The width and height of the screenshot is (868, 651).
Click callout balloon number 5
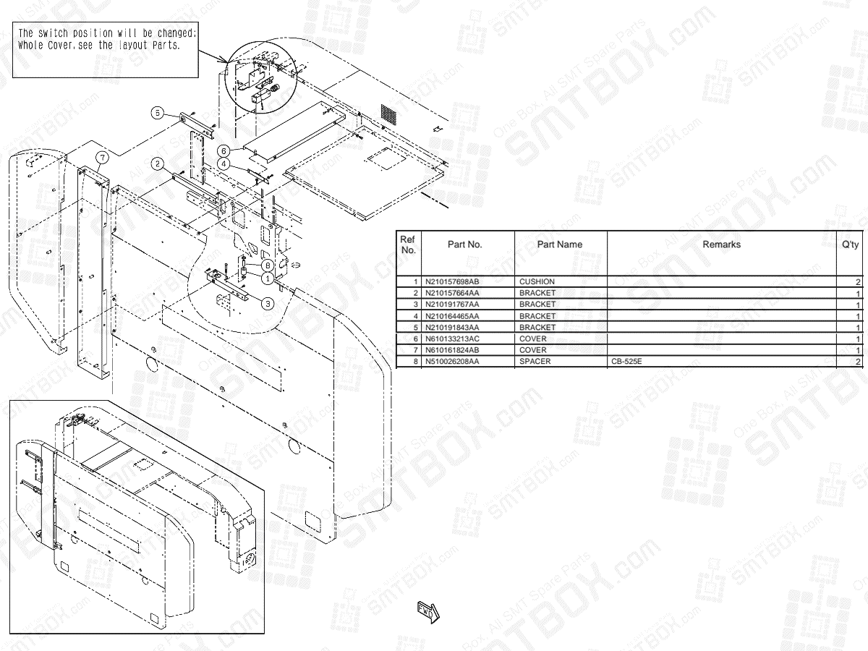coord(157,112)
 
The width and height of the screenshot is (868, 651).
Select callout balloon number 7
coord(103,157)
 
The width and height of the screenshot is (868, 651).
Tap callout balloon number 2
coord(157,163)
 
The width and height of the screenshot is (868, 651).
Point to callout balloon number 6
coord(225,151)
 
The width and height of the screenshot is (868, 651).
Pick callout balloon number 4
coord(225,164)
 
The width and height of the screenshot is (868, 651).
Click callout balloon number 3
coord(268,303)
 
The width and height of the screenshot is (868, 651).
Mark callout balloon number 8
coord(268,265)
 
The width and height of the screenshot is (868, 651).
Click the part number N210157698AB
coord(452,281)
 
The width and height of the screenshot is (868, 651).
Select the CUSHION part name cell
coord(537,281)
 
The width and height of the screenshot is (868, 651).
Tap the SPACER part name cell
coord(535,361)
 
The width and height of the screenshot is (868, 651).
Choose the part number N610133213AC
coord(452,339)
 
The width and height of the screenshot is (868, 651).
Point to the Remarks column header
coord(721,244)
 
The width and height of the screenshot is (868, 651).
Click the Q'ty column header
coord(851,244)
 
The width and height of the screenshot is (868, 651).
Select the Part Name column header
coord(559,244)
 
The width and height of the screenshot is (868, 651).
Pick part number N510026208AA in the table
coord(452,361)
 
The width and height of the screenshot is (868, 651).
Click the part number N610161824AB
coord(452,350)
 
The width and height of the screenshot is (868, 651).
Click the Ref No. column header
coord(408,244)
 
